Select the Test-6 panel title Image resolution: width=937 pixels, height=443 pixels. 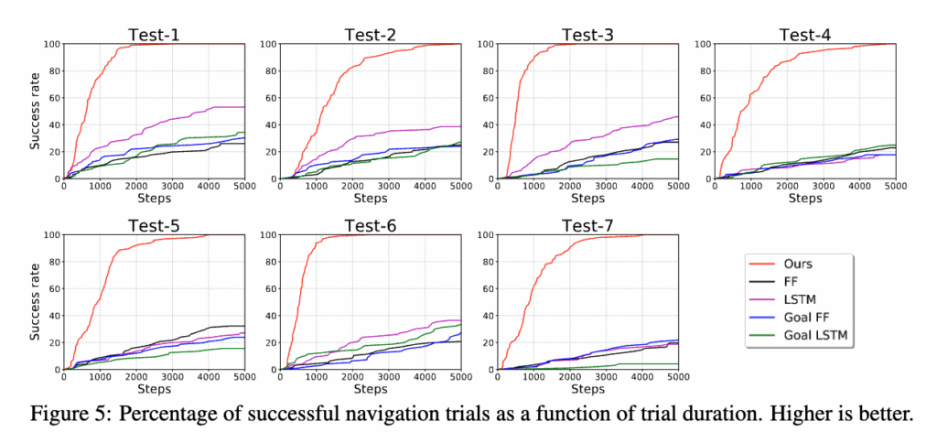(369, 226)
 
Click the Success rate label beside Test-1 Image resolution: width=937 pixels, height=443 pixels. (35, 111)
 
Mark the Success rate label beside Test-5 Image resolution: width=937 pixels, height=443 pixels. (35, 302)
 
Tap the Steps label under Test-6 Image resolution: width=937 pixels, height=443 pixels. (370, 388)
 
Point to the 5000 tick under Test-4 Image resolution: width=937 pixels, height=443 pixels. (891, 186)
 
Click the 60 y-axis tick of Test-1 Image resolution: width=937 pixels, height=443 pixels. (51, 98)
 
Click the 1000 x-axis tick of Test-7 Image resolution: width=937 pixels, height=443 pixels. (534, 377)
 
